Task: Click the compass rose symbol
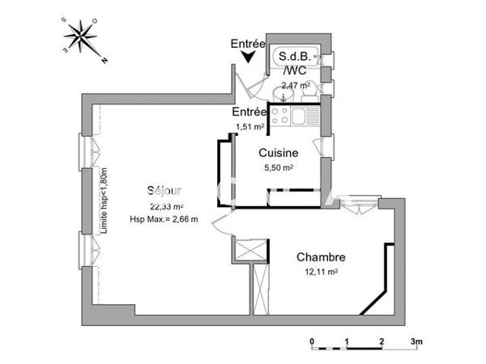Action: coord(81,39)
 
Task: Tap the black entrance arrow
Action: coord(249,56)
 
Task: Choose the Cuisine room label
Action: coord(278,152)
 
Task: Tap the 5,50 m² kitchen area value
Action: coord(278,167)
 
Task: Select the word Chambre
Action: coord(321,257)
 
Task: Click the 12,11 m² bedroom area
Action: coord(321,273)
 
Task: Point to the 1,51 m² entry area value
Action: coord(249,127)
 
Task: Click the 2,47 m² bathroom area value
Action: coord(296,85)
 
